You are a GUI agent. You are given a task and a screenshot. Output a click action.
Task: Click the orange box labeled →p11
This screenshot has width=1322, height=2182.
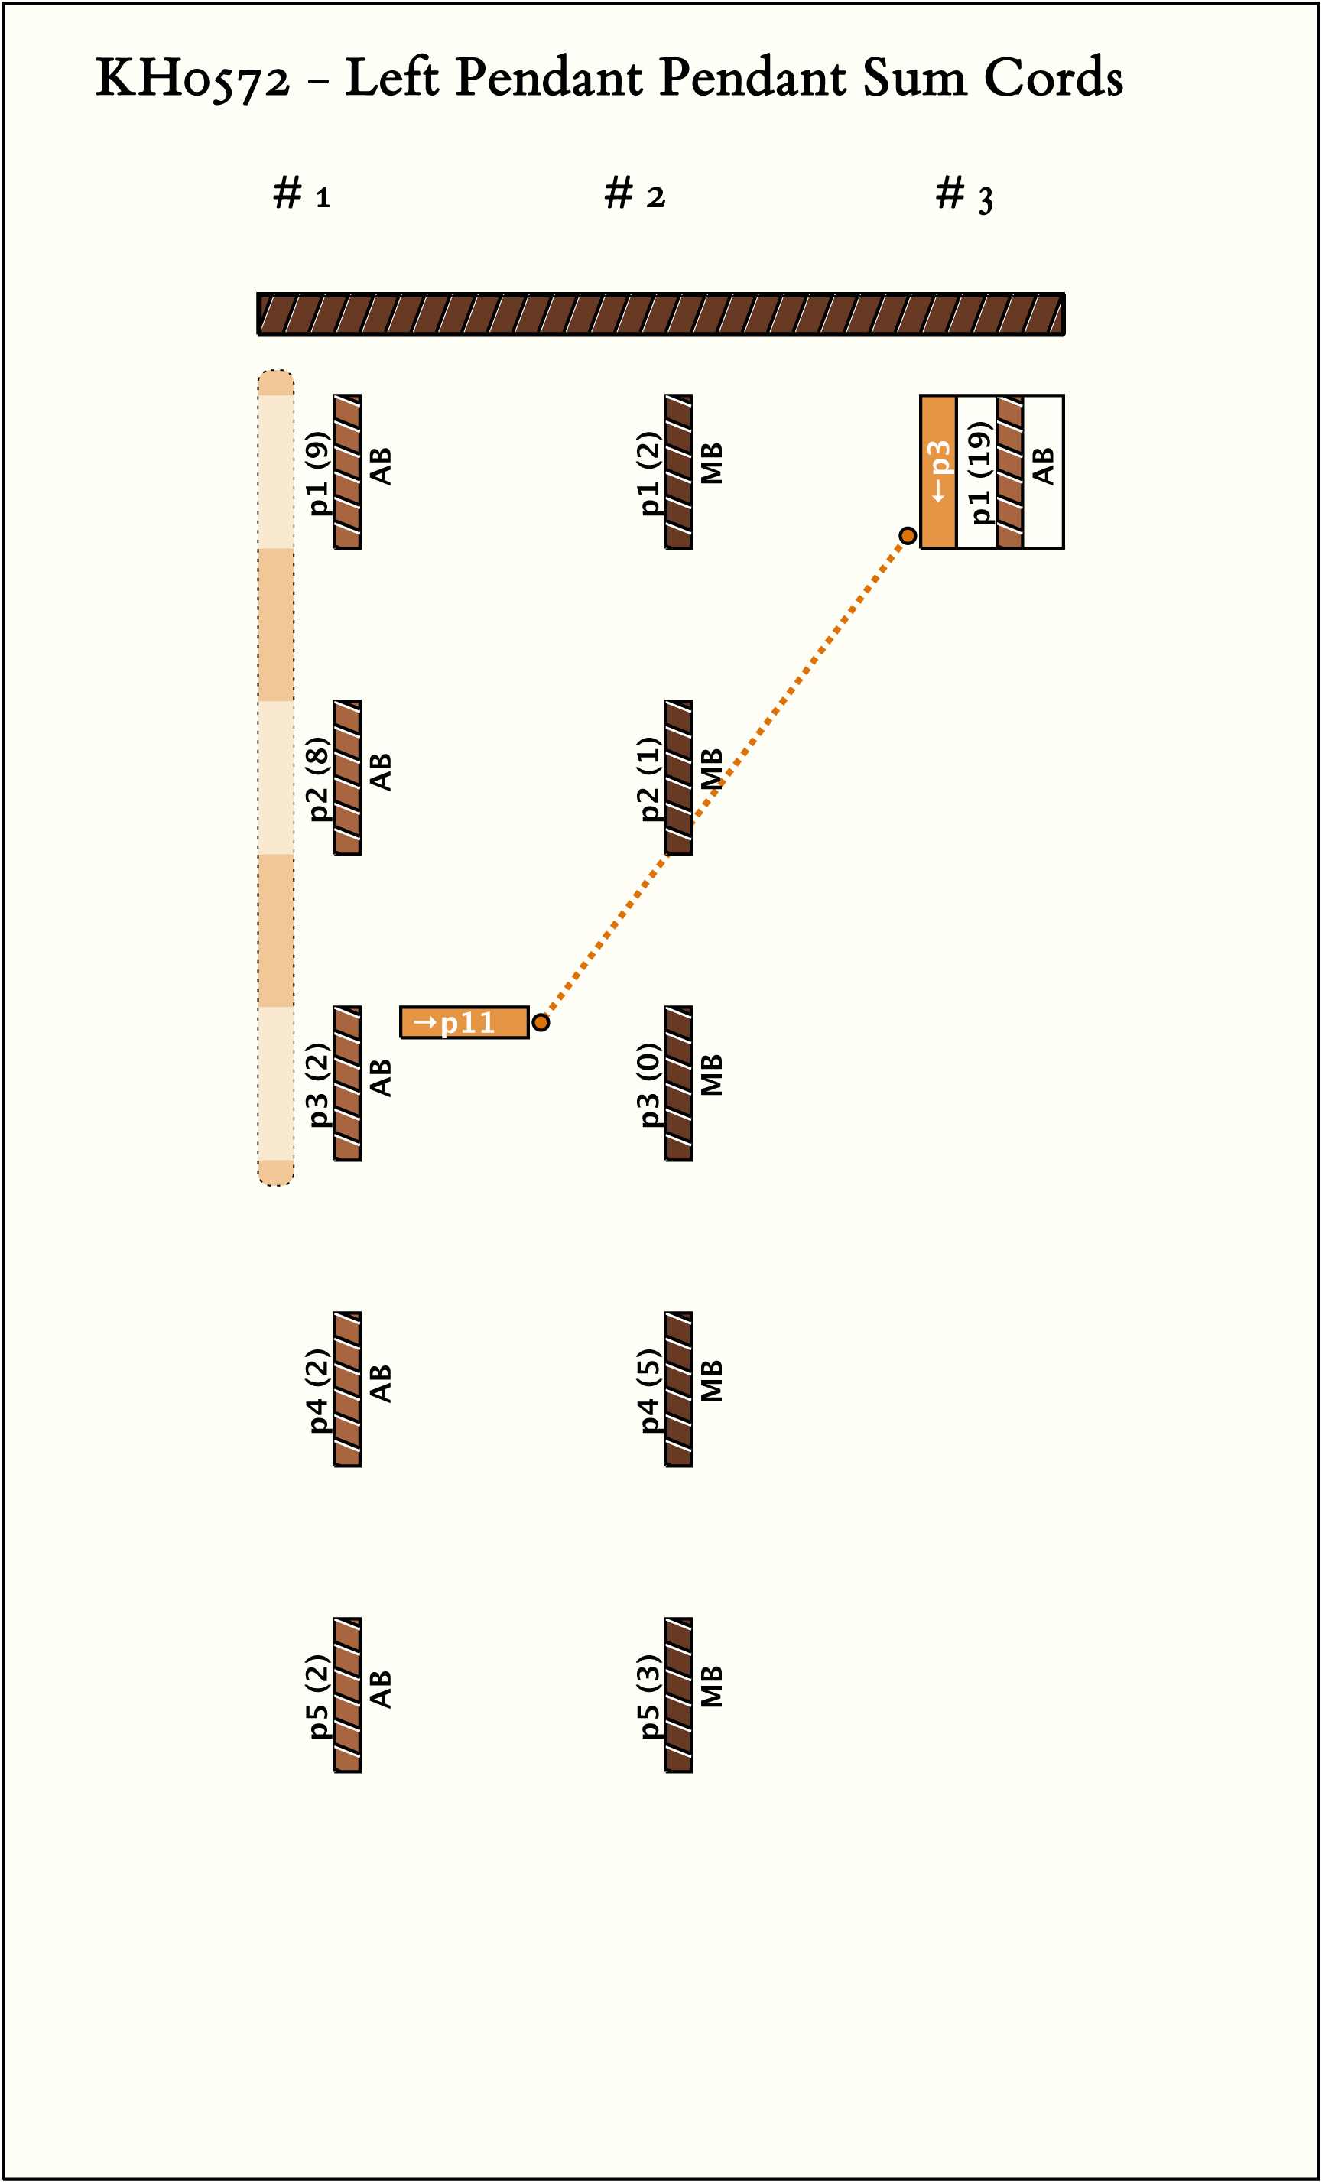click(464, 1022)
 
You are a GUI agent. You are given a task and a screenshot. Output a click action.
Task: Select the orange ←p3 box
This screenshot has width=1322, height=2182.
click(937, 472)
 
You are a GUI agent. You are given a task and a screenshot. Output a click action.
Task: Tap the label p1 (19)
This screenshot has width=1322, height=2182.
click(978, 472)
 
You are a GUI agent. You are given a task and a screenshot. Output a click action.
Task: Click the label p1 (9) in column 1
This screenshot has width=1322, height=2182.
click(317, 472)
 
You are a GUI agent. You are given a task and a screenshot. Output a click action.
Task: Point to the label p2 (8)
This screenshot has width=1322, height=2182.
click(317, 778)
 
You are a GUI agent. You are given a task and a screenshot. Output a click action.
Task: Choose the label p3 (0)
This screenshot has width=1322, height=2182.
click(648, 1084)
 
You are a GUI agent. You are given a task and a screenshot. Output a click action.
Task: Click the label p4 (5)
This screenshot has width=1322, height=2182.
click(648, 1390)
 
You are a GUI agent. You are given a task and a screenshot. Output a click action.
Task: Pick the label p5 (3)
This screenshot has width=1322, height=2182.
click(648, 1696)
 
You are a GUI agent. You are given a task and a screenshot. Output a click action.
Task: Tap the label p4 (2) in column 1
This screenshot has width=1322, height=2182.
click(317, 1390)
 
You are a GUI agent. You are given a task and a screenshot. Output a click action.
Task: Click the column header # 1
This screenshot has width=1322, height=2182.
click(302, 194)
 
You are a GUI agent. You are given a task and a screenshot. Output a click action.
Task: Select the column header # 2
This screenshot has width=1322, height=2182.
click(634, 194)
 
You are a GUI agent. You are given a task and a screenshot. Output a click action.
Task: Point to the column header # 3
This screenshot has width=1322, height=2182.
click(964, 195)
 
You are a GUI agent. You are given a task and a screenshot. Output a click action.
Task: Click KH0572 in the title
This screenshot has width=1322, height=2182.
click(192, 79)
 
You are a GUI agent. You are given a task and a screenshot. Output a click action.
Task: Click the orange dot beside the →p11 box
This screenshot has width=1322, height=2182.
click(541, 1023)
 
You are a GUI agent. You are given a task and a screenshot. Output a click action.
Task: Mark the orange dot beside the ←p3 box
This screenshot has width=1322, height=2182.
click(908, 536)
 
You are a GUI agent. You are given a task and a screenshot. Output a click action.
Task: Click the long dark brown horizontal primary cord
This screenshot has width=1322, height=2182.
click(661, 314)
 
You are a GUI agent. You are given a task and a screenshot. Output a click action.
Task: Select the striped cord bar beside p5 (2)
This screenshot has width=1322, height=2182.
click(347, 1696)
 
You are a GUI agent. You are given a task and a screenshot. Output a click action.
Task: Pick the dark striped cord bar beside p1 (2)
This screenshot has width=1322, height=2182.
click(679, 472)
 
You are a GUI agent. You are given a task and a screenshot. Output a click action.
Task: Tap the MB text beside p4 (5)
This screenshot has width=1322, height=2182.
click(712, 1382)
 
